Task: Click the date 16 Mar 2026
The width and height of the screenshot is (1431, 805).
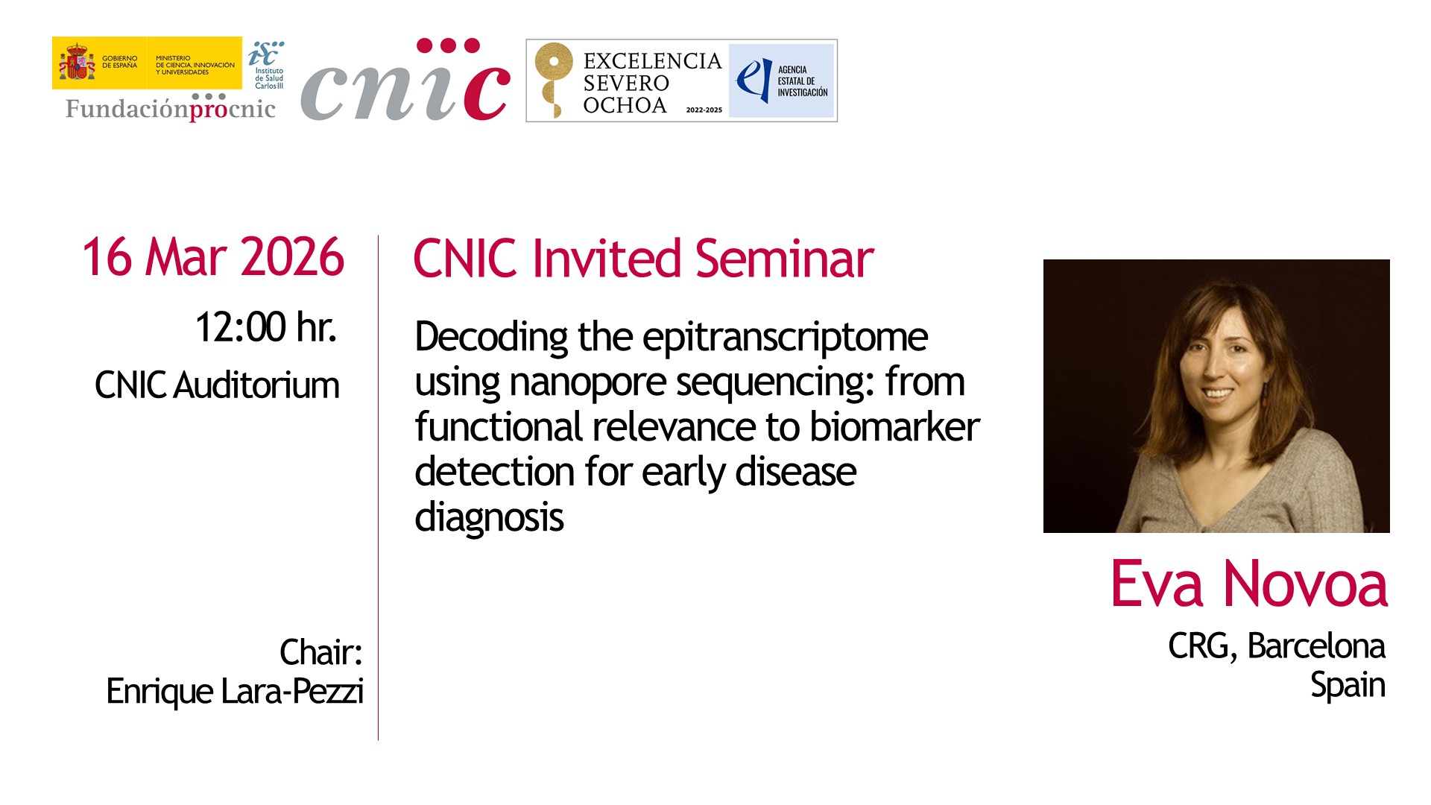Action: pos(213,257)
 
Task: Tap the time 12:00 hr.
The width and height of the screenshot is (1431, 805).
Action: pos(266,327)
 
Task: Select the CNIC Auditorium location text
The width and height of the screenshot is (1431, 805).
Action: pos(217,385)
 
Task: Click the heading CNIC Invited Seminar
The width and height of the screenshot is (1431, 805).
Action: pos(643,259)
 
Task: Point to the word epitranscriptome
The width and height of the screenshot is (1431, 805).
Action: pos(785,338)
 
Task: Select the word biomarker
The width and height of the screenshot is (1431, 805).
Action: pos(894,426)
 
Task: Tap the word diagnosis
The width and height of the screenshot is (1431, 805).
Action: pos(489,517)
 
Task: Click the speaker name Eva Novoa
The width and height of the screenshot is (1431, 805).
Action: pos(1249,584)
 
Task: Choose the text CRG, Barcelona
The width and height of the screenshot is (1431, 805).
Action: pos(1277,646)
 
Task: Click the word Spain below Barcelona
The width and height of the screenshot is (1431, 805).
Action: pos(1348,686)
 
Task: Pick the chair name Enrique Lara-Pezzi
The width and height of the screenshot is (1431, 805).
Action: pos(235,692)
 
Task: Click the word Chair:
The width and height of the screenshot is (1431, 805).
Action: pos(321,652)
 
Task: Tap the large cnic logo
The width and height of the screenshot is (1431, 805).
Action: pos(405,80)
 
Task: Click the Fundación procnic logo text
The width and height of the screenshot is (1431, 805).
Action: pos(171,108)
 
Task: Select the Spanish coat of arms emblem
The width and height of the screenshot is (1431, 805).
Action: pos(77,63)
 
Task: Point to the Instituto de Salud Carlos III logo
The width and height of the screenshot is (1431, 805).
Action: pos(266,65)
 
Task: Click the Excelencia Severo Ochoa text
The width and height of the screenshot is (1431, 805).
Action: pos(652,83)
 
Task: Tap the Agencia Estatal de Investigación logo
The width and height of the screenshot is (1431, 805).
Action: pos(781,80)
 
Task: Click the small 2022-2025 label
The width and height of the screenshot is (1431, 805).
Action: pos(704,110)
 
